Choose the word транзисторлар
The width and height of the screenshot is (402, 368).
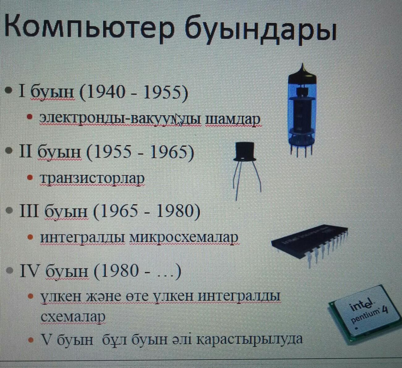pyautogui.click(x=92, y=178)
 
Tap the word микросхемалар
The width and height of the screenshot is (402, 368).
pyautogui.click(x=184, y=238)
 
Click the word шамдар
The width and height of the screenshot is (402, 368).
pyautogui.click(x=233, y=119)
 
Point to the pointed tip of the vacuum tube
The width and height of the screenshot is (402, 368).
pyautogui.click(x=302, y=70)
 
